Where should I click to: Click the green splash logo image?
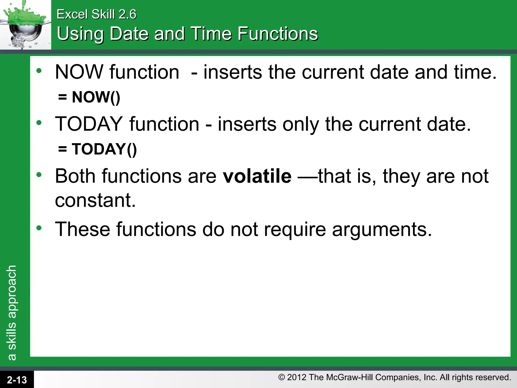point(25,25)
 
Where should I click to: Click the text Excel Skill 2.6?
point(96,14)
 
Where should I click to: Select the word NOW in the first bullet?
point(79,72)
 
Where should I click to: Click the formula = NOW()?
point(89,97)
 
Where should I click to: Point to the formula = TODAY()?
point(97,149)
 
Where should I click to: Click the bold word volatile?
point(257,176)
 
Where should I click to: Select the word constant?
point(95,200)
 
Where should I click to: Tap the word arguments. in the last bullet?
point(382,230)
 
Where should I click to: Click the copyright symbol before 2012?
point(281,377)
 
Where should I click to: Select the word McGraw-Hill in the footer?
point(350,377)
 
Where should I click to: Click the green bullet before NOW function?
point(39,71)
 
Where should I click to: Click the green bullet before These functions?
point(39,228)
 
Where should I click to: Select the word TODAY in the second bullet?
point(89,124)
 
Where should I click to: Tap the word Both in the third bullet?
point(75,176)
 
